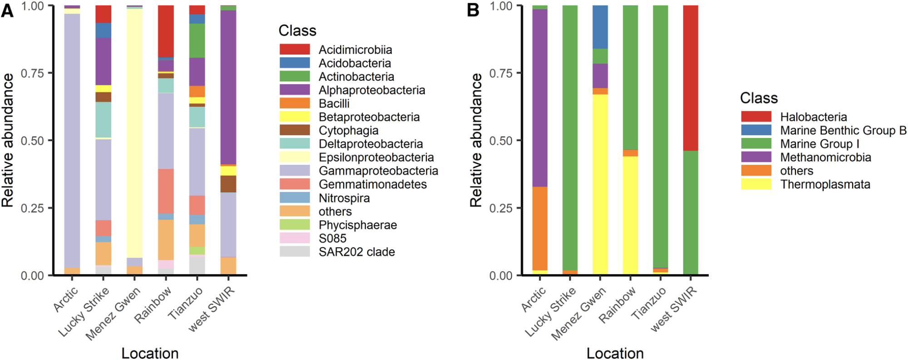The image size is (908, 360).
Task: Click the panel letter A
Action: tap(7, 10)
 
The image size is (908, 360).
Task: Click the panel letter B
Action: tap(473, 10)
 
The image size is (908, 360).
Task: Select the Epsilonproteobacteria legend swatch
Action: tap(295, 157)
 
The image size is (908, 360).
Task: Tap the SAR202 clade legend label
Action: tap(357, 252)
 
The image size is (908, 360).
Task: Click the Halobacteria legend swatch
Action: tap(756, 117)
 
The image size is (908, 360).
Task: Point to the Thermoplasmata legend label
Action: tap(825, 184)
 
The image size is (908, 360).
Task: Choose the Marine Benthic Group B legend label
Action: tap(843, 130)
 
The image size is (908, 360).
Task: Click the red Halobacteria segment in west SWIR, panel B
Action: tap(691, 78)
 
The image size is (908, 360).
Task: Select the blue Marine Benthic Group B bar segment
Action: tap(600, 27)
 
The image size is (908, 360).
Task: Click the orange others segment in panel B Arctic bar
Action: tap(540, 229)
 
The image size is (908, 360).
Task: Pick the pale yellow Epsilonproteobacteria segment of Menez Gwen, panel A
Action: tap(135, 133)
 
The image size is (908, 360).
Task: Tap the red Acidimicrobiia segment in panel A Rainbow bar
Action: tap(166, 31)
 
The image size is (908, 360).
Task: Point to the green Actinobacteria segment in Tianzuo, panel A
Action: tap(197, 41)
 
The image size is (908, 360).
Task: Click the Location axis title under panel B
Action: tap(615, 353)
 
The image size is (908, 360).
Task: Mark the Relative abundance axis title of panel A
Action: tap(8, 140)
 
